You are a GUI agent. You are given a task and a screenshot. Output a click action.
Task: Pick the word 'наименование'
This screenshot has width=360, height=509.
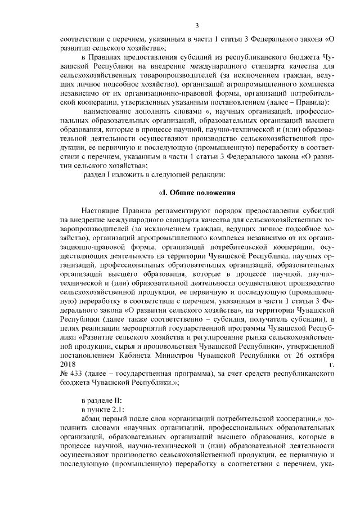(108, 111)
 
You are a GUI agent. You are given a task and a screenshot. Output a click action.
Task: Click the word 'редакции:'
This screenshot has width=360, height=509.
(208, 175)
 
